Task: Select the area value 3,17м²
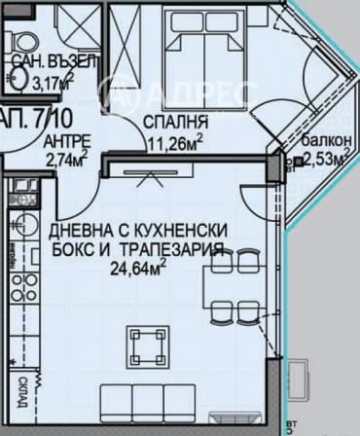click(x=48, y=83)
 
